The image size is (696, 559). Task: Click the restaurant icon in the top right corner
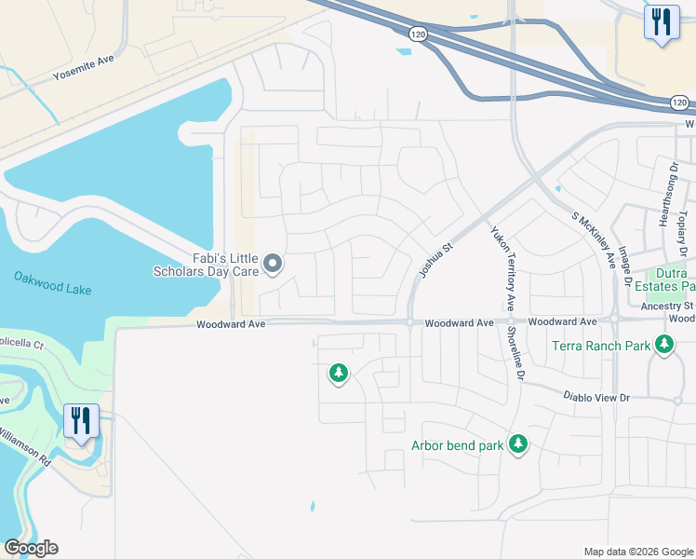[x=660, y=22]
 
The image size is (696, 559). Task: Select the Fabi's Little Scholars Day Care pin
[x=273, y=265]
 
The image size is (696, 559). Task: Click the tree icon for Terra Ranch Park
[x=663, y=346]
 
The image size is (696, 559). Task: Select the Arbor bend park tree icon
[x=518, y=445]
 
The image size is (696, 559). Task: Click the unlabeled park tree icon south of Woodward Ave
[x=338, y=374]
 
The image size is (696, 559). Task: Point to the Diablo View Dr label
[x=596, y=396]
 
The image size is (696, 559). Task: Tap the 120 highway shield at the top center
[x=418, y=34]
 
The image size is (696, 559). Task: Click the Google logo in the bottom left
[x=31, y=548]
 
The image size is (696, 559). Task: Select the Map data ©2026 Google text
[x=637, y=552]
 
